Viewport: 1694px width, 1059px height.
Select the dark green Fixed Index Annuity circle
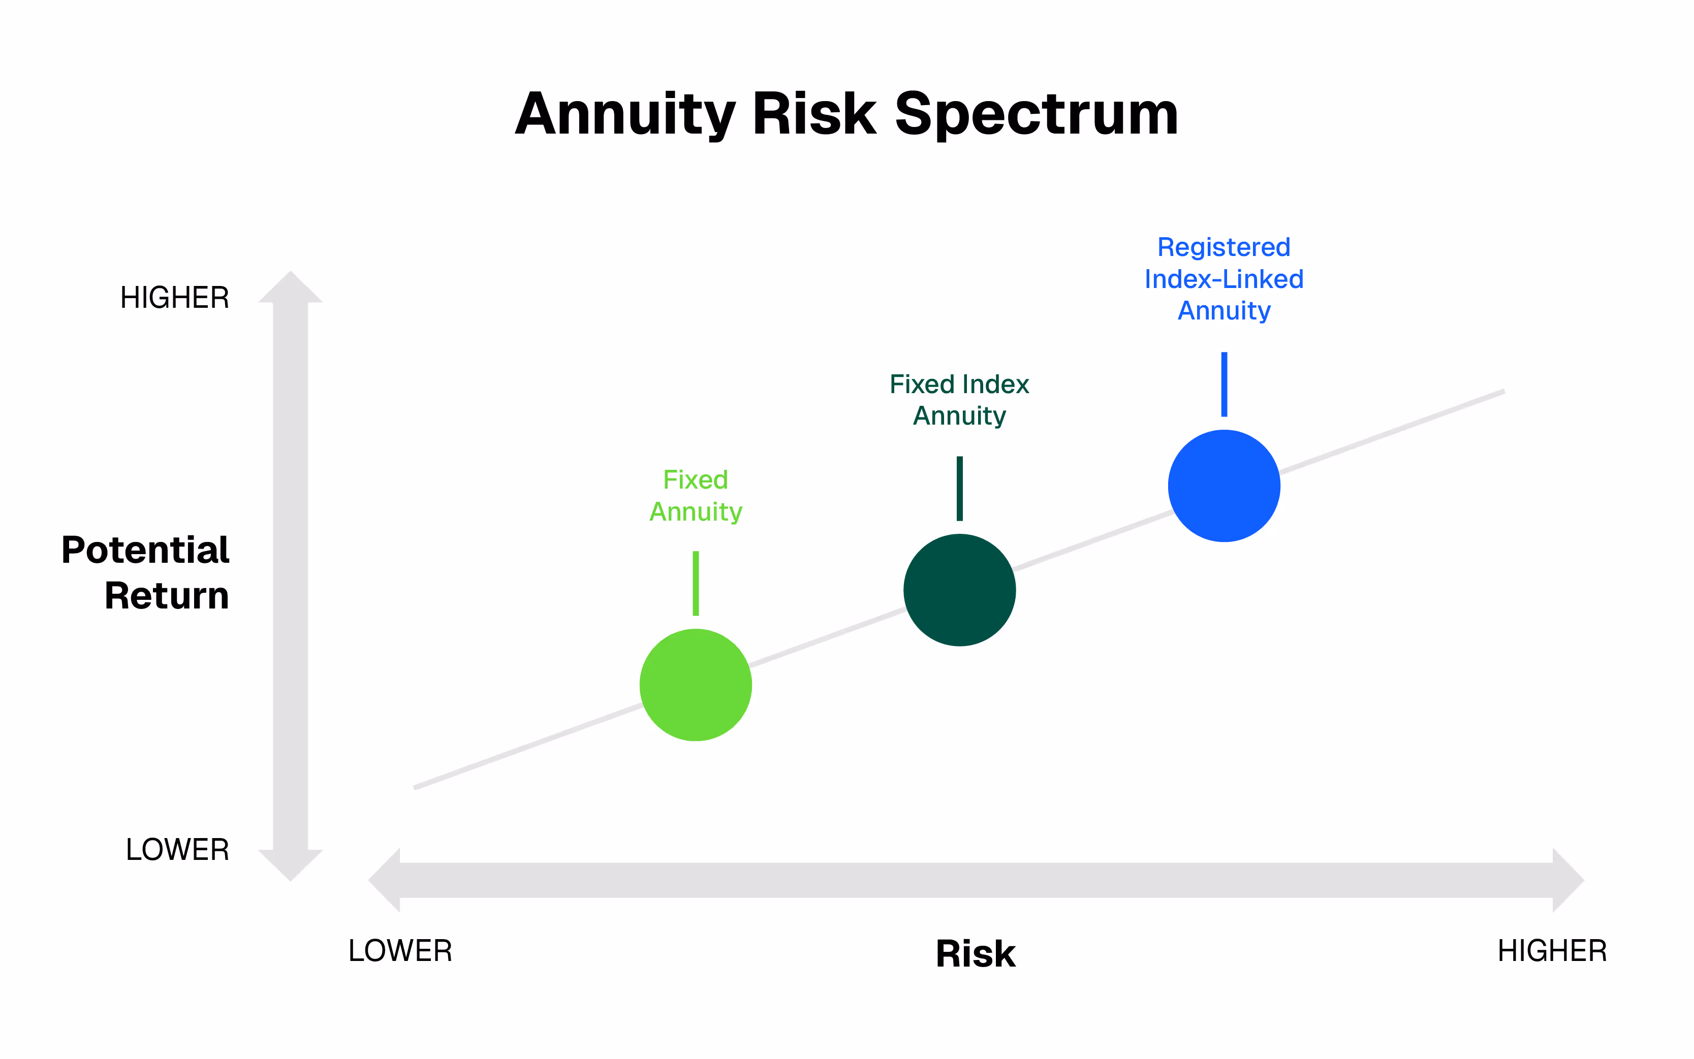(x=959, y=590)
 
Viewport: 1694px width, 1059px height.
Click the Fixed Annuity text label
(x=695, y=495)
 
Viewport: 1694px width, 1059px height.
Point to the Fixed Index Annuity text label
(x=959, y=399)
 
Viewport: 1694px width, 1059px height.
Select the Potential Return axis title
(x=146, y=572)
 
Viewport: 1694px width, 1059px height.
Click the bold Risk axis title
(x=975, y=953)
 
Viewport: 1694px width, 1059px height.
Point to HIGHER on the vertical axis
(x=174, y=298)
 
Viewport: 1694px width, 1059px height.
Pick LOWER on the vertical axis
(x=177, y=850)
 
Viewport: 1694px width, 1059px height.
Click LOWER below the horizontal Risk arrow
(x=400, y=950)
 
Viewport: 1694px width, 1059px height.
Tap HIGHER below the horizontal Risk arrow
(x=1552, y=950)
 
